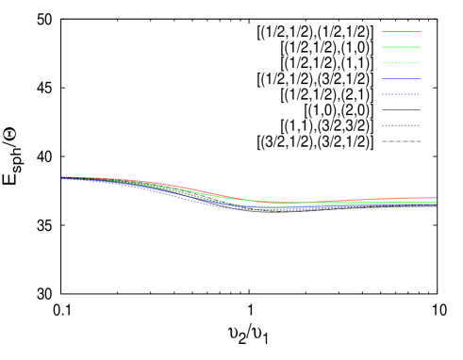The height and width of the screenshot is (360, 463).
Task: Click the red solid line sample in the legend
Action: coord(401,32)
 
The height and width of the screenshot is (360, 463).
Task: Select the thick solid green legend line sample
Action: coord(401,47)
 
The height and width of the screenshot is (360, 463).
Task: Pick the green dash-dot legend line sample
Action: coord(401,63)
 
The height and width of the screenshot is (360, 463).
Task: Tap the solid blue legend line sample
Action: coord(401,79)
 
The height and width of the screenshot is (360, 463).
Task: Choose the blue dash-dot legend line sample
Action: coord(401,94)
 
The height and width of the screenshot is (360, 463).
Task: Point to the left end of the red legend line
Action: coord(382,32)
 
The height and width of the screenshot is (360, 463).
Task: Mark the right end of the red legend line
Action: coord(421,32)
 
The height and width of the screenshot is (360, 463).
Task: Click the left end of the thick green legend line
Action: coord(382,47)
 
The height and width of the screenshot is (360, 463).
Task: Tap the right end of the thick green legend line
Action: coord(421,47)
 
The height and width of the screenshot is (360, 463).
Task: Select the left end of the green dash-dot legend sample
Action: coord(382,63)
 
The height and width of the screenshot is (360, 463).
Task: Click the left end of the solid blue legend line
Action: coord(382,79)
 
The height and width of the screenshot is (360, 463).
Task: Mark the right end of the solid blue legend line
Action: coord(421,79)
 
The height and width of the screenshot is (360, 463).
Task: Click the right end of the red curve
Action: coord(437,198)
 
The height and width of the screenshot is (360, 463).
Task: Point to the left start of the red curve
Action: coord(62,176)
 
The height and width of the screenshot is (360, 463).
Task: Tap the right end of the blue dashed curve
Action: coord(437,204)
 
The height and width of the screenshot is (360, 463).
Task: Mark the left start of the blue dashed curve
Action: coord(62,179)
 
